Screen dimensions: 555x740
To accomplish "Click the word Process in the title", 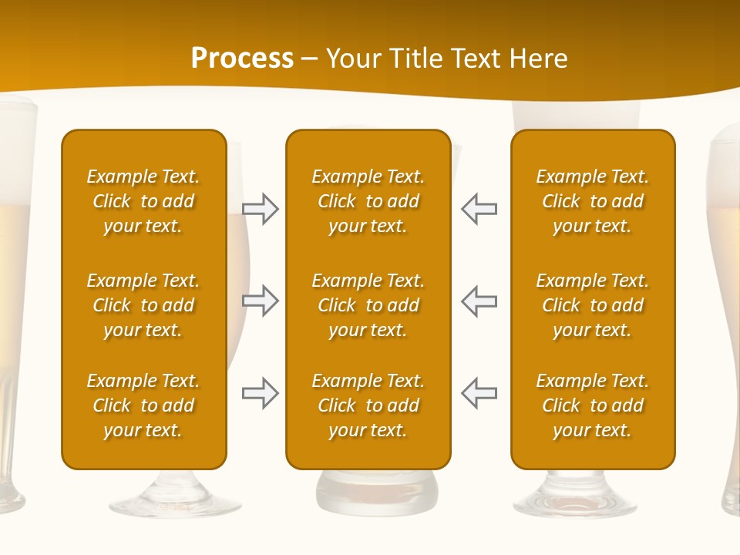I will tap(242, 59).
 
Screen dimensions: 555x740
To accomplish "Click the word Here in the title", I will tap(537, 59).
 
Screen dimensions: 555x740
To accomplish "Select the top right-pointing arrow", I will tap(261, 209).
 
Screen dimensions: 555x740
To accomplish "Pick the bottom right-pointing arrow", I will tap(261, 392).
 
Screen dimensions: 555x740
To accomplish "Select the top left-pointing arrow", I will tap(479, 209).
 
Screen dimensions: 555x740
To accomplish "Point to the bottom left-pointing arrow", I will tap(479, 392).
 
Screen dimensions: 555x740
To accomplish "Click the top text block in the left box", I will tap(143, 201).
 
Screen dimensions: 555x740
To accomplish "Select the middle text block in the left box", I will tap(143, 305).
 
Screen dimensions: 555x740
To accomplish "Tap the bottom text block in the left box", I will tap(143, 405).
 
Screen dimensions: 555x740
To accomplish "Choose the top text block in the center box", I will tap(368, 201).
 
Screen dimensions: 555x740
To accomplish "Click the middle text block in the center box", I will tap(368, 305).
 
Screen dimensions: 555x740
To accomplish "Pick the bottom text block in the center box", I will tap(368, 405).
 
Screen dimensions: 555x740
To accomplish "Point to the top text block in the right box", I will tap(593, 201).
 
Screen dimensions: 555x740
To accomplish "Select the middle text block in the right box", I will tap(593, 305).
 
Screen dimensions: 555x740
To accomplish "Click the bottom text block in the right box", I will tap(593, 405).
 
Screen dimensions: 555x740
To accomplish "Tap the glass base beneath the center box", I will tap(377, 493).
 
